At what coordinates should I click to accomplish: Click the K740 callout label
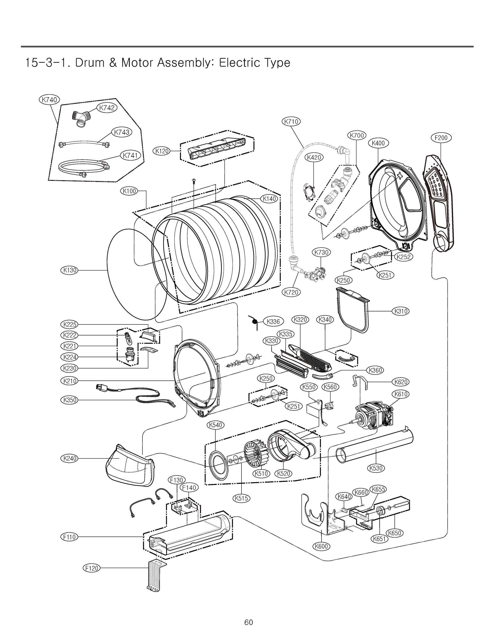(x=49, y=100)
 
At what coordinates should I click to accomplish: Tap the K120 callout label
(x=162, y=151)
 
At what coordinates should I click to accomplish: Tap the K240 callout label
(x=70, y=458)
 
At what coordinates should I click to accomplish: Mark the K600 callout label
(x=322, y=546)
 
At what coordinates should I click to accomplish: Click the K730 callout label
(x=321, y=252)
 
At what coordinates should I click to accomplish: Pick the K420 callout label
(x=314, y=157)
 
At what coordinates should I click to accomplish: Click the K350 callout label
(x=70, y=400)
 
